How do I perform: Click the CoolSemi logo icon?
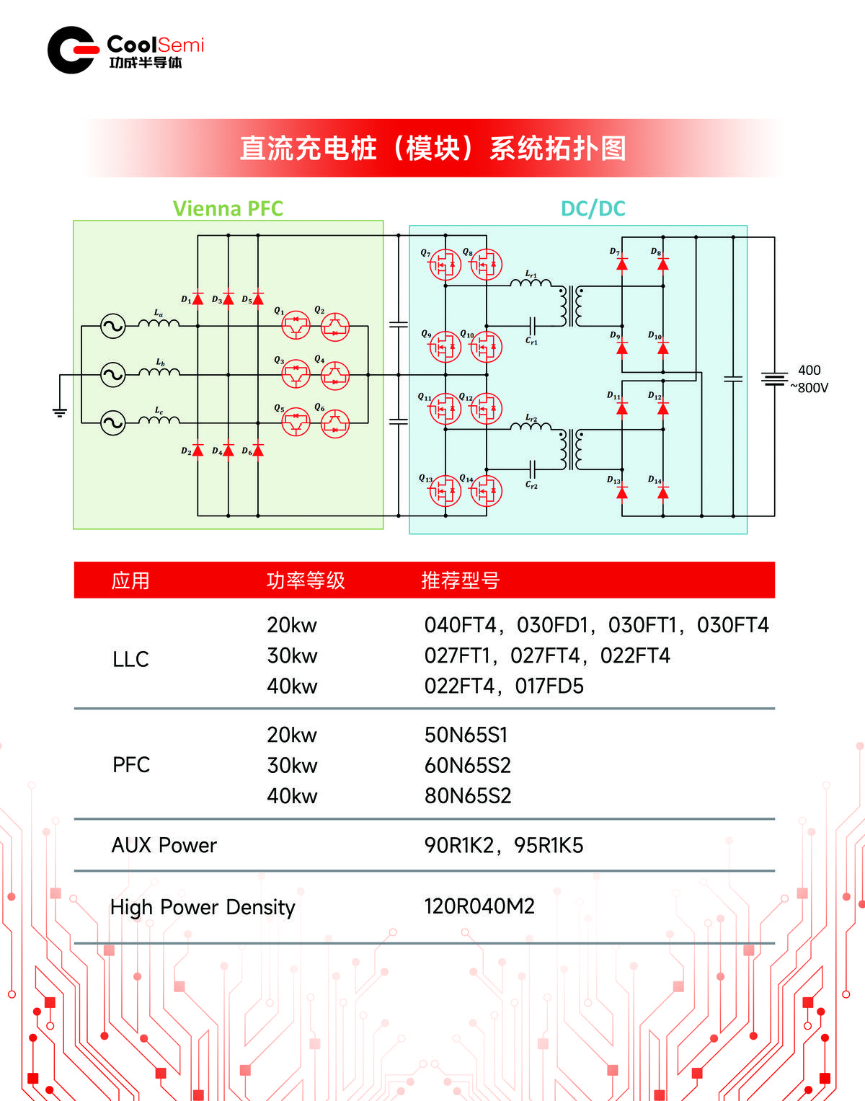73,50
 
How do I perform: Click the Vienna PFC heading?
228,208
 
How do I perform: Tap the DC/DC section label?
593,208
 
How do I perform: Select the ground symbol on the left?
59,412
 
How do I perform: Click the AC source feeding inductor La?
113,326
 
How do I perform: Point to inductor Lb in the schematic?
159,372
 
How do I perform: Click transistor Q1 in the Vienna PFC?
296,327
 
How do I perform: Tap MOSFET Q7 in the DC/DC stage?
445,265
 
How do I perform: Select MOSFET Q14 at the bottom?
486,492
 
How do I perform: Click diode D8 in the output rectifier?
663,265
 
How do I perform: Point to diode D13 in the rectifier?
622,492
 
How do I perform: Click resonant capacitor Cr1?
532,326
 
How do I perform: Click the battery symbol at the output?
774,379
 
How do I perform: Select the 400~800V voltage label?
809,379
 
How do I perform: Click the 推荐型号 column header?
461,580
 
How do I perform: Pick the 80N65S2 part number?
468,796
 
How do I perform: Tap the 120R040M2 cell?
479,906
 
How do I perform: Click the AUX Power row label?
164,845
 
